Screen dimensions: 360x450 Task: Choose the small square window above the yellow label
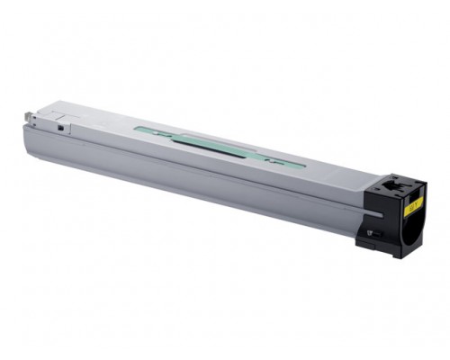click(393, 191)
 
